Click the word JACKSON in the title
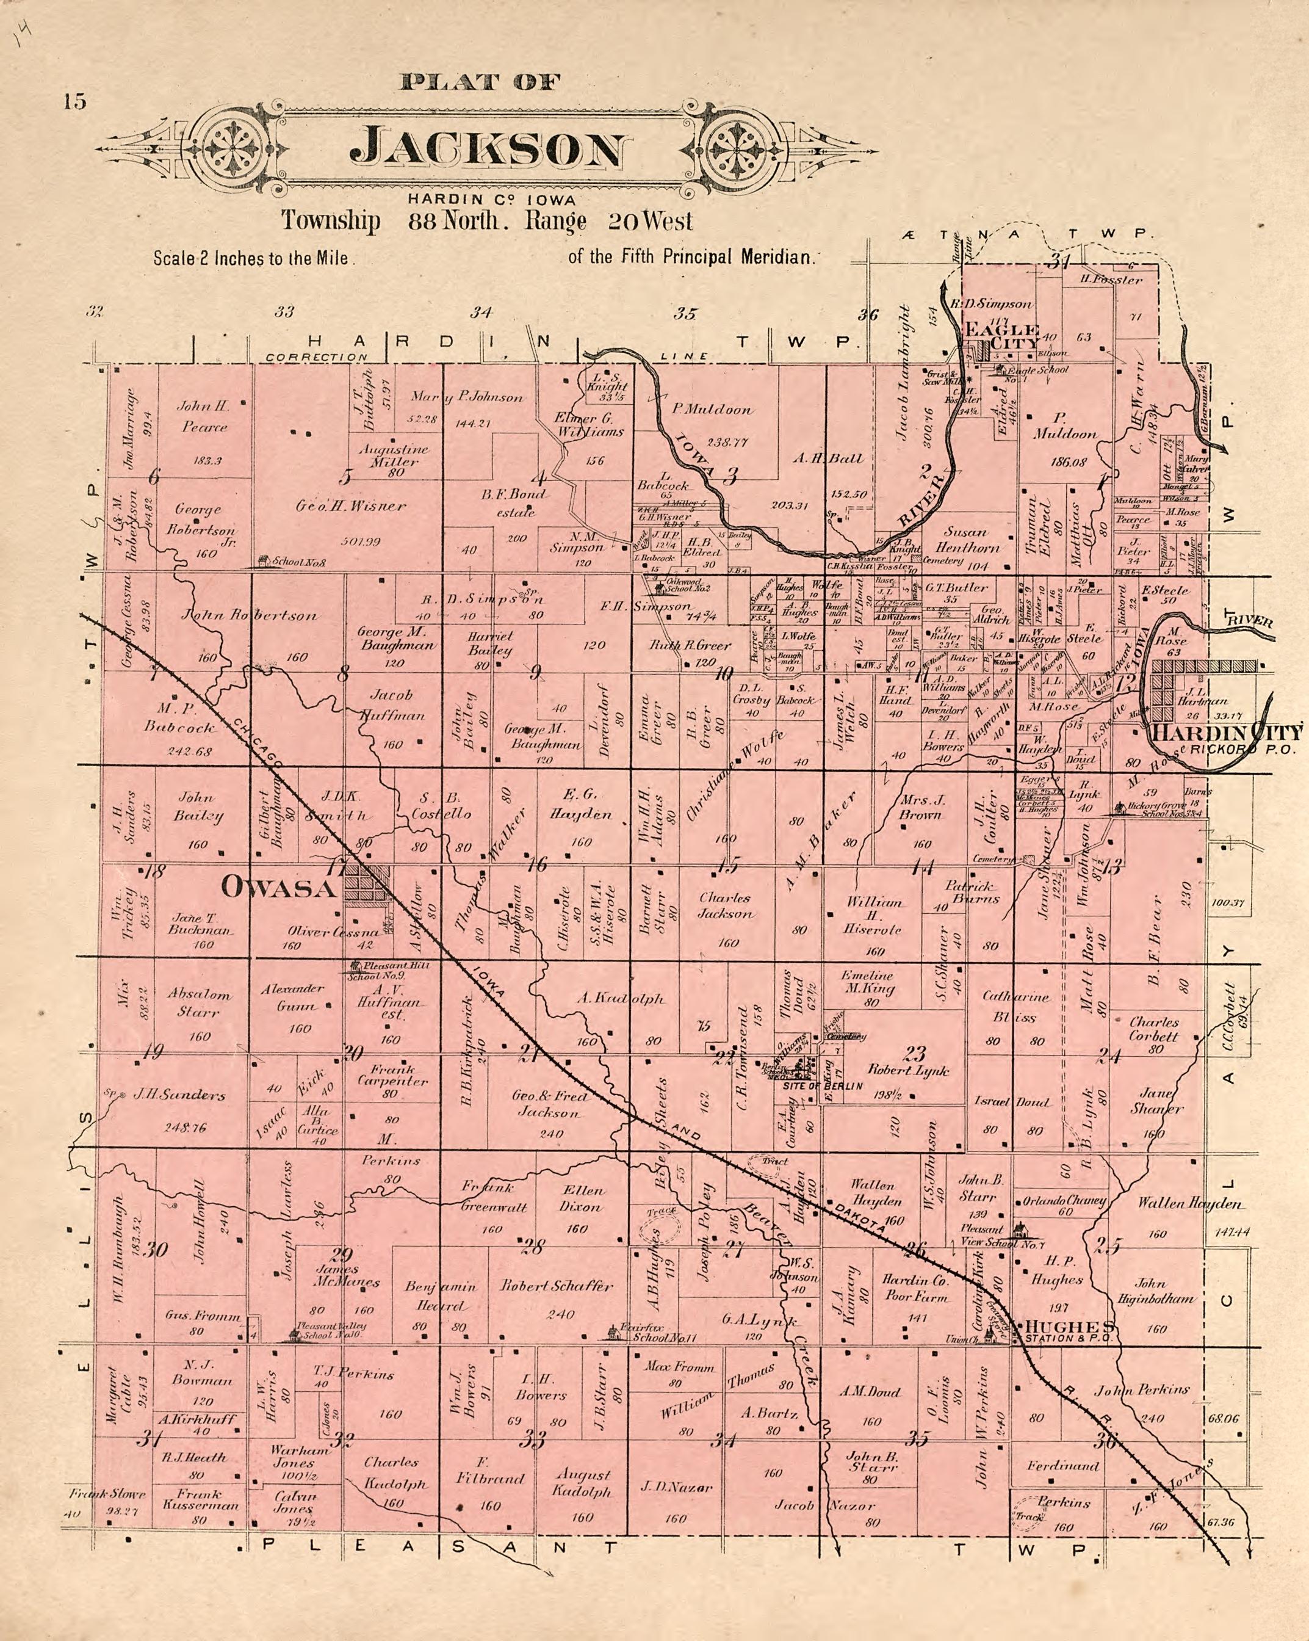pyautogui.click(x=491, y=148)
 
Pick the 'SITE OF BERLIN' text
pyautogui.click(x=822, y=1086)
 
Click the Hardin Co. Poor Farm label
pyautogui.click(x=915, y=1288)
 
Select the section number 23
pyautogui.click(x=914, y=1054)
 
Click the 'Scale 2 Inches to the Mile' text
pyautogui.click(x=251, y=258)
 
